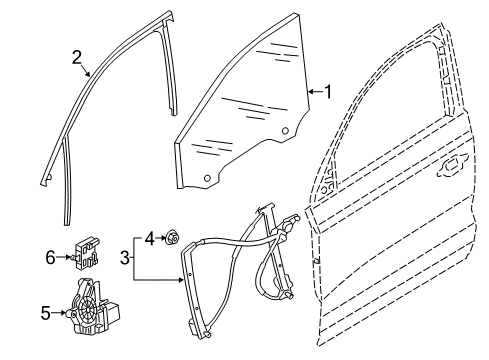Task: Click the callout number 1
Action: coord(328,92)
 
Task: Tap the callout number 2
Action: coord(77,58)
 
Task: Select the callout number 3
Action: coord(125,257)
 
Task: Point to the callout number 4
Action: coord(150,239)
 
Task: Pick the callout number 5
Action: coord(46,313)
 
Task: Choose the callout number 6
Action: coord(50,257)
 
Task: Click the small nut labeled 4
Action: coord(172,238)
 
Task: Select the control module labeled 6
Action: coord(86,254)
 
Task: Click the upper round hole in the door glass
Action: coord(285,131)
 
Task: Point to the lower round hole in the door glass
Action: coord(207,178)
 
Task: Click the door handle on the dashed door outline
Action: coord(452,166)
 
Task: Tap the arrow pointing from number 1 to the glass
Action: coord(315,91)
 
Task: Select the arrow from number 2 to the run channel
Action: coord(85,71)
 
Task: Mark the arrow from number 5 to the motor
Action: coord(59,313)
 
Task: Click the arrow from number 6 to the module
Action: coord(64,257)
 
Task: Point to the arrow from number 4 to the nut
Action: coord(161,238)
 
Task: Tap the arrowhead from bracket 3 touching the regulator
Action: coord(181,280)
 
